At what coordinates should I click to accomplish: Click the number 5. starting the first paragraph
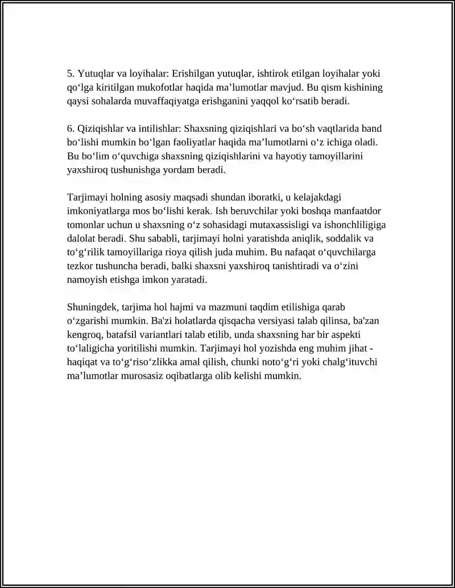pos(71,74)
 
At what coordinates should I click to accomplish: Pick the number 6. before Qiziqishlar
pos(71,129)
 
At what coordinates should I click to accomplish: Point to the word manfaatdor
pos(362,211)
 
